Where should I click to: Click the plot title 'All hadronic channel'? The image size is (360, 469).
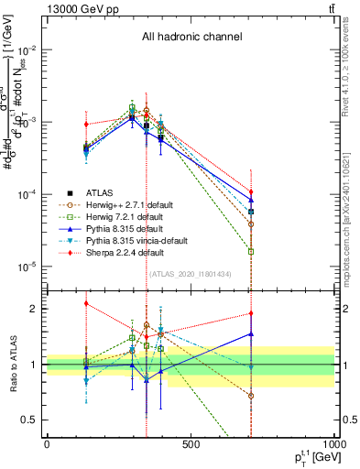click(x=191, y=38)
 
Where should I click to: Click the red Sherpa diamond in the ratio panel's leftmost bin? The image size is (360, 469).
click(x=86, y=303)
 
